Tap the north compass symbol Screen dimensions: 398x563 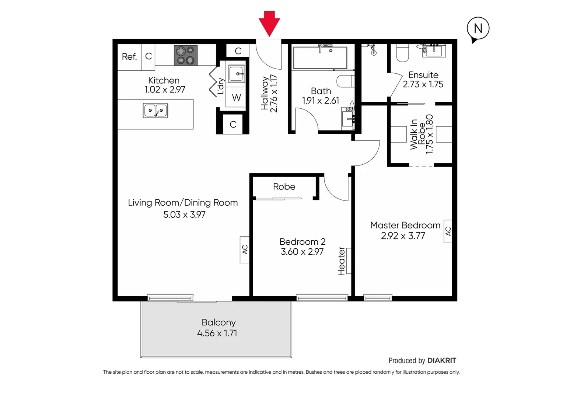[478, 28]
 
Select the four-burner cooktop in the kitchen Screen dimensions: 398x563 [186, 55]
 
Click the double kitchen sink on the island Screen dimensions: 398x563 [155, 110]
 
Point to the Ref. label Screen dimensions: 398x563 [129, 57]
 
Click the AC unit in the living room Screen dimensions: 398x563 [245, 249]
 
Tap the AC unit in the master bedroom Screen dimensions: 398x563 [448, 231]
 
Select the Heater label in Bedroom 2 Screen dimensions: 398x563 [342, 261]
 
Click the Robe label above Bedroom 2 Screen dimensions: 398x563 [284, 187]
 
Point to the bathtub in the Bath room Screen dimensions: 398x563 [320, 57]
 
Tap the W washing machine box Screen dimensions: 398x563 [236, 98]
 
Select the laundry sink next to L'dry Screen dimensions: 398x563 [236, 74]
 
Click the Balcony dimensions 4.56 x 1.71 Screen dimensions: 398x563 [217, 333]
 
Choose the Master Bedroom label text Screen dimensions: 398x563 [405, 225]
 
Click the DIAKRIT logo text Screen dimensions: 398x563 [441, 360]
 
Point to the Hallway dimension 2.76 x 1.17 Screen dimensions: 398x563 [274, 93]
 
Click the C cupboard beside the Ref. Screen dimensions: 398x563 [148, 56]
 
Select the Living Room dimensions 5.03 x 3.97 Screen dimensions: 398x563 [184, 214]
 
